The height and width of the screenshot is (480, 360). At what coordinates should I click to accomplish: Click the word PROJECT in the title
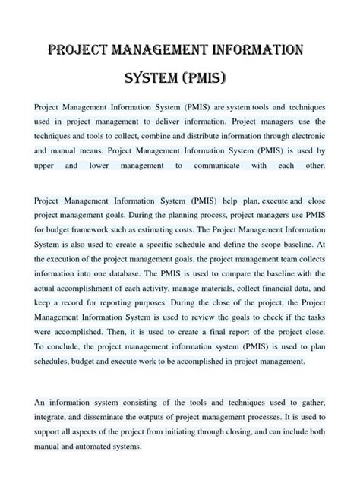[79, 51]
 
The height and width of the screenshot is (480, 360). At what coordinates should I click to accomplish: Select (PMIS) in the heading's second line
[207, 79]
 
